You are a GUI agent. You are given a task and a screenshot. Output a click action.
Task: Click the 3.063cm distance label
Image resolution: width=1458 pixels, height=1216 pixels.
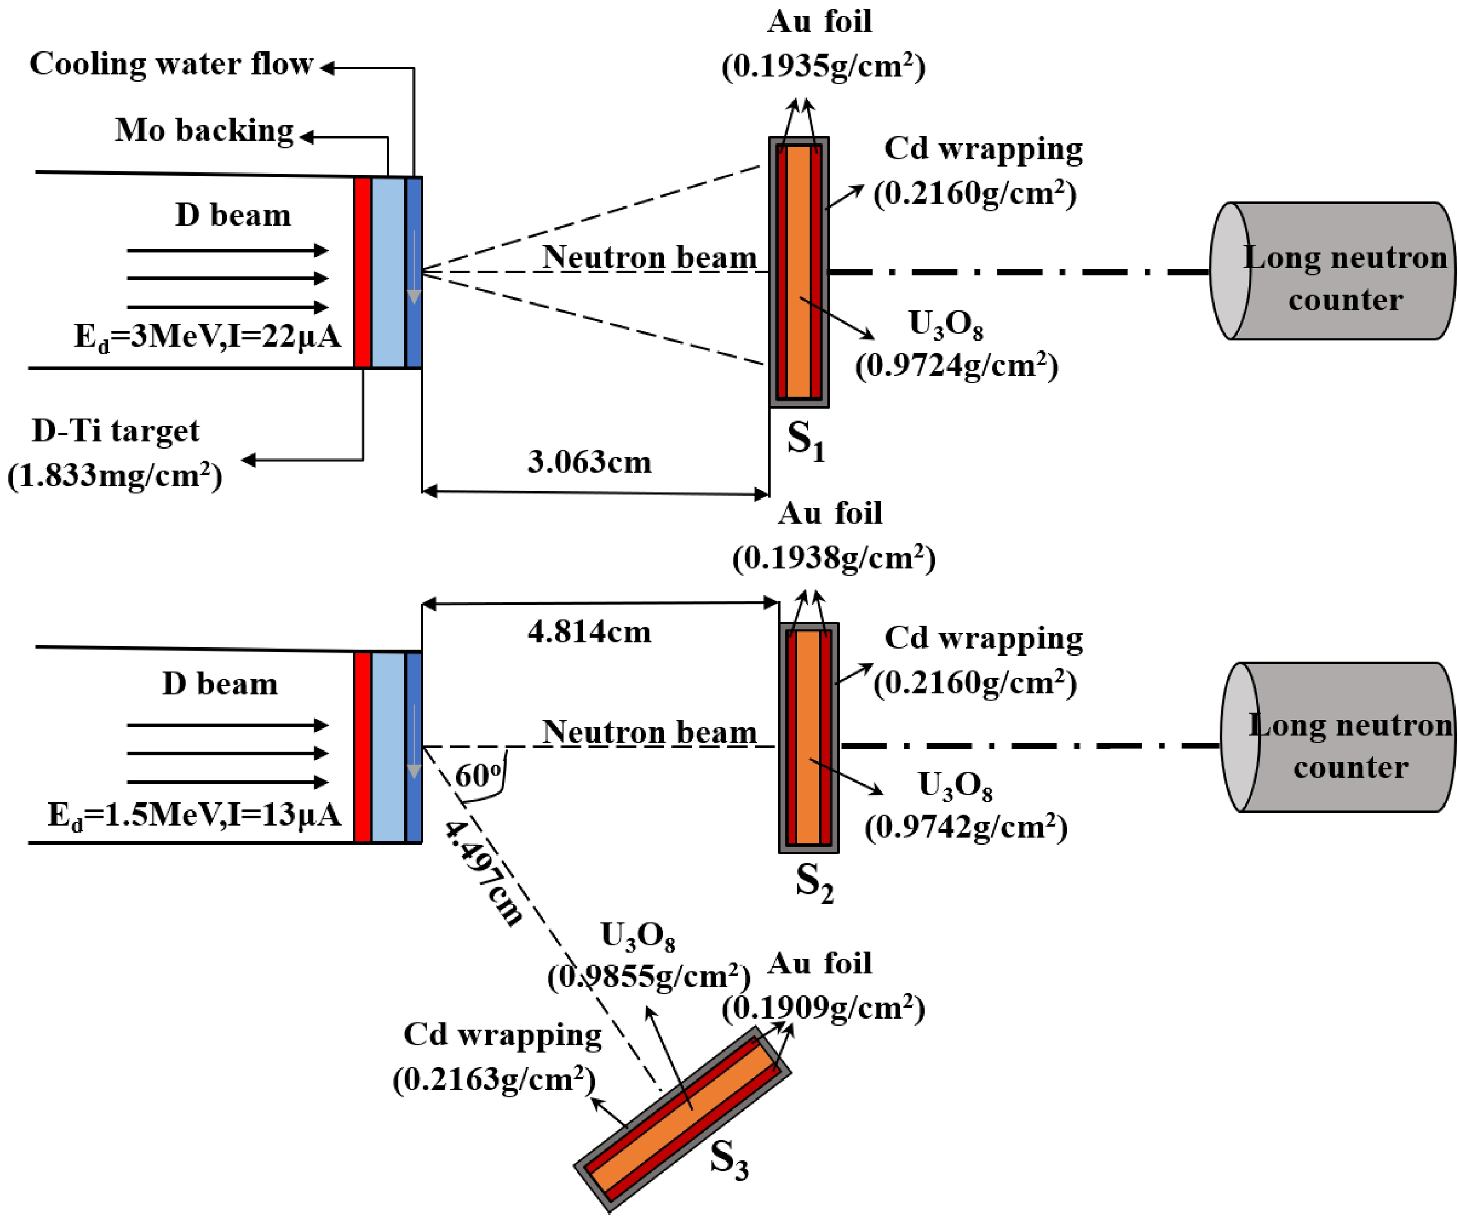click(590, 462)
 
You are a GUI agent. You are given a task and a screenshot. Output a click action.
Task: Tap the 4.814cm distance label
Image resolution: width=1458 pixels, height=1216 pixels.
click(590, 632)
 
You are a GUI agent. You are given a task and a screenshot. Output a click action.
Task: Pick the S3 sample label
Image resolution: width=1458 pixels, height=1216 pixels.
click(729, 1160)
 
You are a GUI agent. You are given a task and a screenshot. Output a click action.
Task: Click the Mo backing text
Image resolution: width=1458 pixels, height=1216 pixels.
click(204, 131)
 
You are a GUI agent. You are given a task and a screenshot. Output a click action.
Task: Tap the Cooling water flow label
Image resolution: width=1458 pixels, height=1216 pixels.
click(172, 64)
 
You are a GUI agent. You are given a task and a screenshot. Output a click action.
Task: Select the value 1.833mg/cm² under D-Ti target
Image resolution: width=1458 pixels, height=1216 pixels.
click(114, 476)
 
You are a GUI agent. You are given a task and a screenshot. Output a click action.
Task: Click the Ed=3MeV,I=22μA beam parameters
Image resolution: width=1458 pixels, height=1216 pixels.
click(207, 337)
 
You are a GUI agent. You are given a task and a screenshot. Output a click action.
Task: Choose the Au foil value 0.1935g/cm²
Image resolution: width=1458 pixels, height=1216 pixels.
click(823, 67)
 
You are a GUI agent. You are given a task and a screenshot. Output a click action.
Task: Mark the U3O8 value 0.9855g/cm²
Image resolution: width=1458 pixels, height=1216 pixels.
click(648, 977)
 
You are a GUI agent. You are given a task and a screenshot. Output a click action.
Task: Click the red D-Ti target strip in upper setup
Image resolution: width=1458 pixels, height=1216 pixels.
click(362, 272)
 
